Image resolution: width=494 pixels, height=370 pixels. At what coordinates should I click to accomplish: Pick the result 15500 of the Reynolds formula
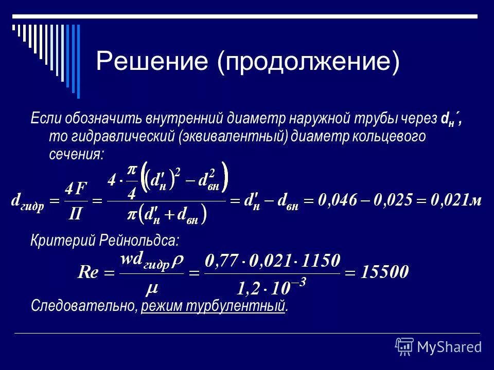click(x=384, y=271)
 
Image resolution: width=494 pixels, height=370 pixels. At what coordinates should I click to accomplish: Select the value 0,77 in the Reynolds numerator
click(x=221, y=261)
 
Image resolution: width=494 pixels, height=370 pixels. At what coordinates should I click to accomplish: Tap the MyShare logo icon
click(x=404, y=346)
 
